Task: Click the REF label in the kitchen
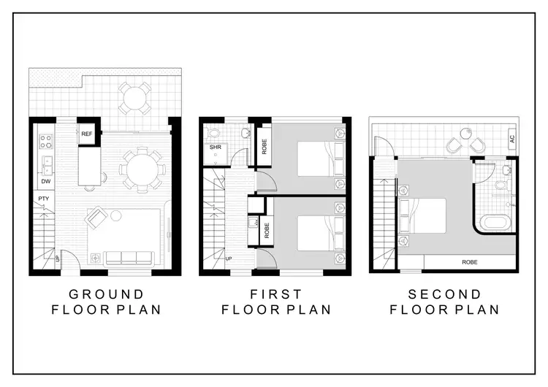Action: click(87, 134)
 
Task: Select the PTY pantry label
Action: click(43, 198)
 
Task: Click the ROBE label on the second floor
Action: click(470, 261)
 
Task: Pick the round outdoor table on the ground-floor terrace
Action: click(134, 97)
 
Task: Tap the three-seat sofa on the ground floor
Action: click(129, 257)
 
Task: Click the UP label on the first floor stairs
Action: click(229, 258)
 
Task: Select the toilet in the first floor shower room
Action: click(213, 133)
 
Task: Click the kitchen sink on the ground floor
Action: click(45, 161)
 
